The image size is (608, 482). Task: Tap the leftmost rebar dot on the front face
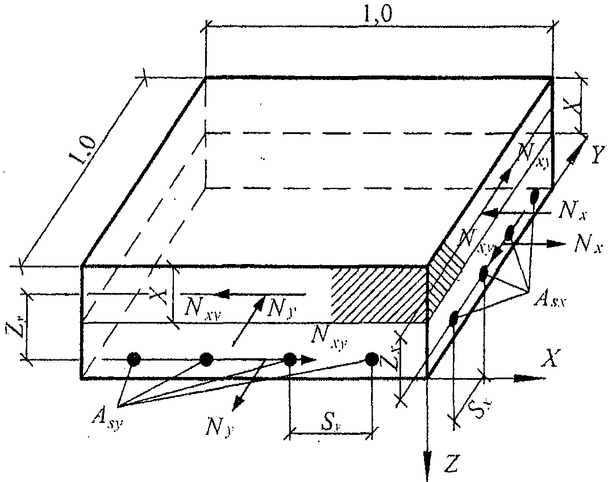coord(134,359)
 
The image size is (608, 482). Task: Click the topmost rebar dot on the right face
coord(534,196)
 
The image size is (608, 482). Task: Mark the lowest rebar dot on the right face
coord(454,319)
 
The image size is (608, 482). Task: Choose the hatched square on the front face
coord(379,294)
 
